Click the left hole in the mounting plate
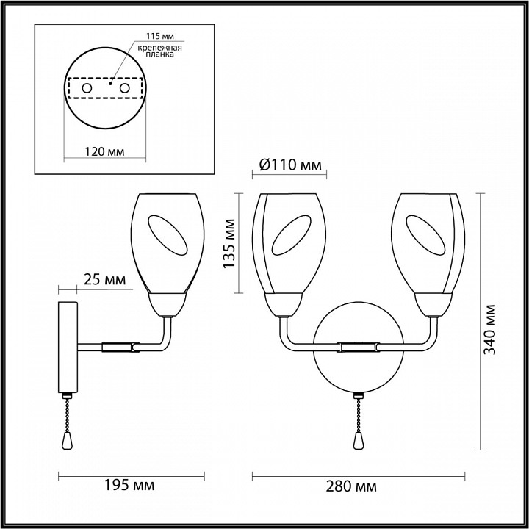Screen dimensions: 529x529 click(x=87, y=88)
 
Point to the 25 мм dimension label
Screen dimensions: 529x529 click(x=103, y=280)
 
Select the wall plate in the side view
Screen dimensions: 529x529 click(x=68, y=345)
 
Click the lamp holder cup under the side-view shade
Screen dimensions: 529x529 click(x=168, y=301)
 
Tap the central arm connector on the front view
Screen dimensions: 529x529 click(x=358, y=345)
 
